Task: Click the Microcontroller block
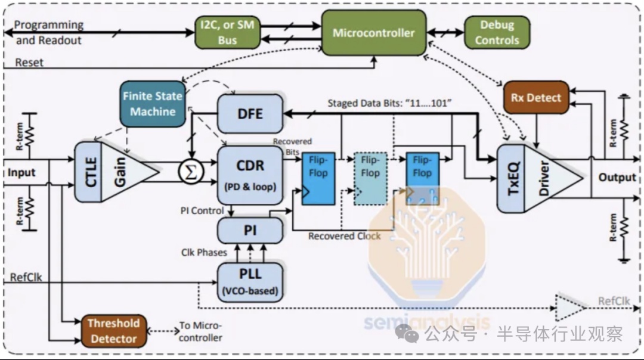(374, 33)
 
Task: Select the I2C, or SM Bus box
(227, 32)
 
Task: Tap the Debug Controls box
(497, 32)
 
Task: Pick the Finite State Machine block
(153, 104)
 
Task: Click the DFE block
(250, 114)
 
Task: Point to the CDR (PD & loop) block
(250, 175)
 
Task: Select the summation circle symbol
(191, 172)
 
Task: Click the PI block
(250, 230)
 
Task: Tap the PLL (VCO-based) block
(250, 282)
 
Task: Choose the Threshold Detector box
(113, 331)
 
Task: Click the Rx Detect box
(536, 97)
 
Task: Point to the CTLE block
(88, 172)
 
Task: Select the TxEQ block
(511, 179)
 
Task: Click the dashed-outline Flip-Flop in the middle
(370, 179)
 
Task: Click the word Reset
(29, 63)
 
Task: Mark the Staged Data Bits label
(389, 103)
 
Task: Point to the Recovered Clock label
(344, 236)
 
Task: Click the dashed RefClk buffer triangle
(571, 307)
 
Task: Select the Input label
(21, 173)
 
